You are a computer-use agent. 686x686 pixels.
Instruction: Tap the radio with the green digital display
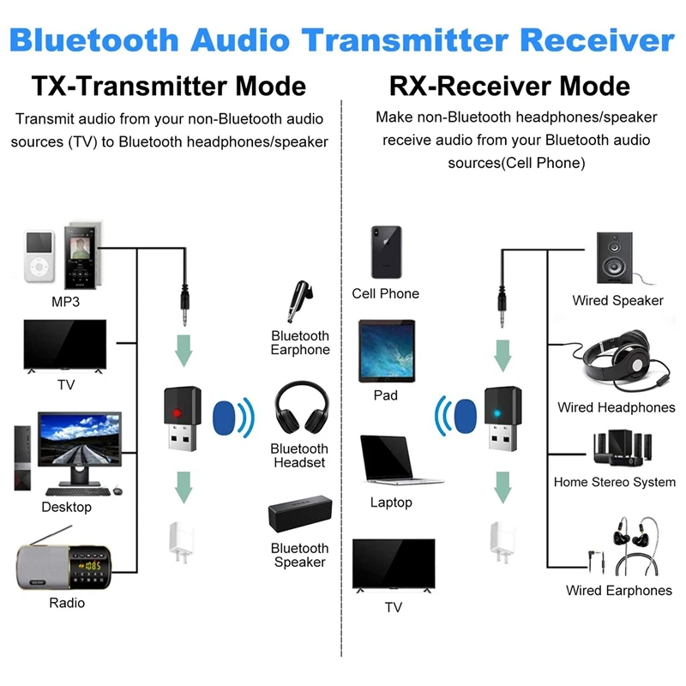pos(64,566)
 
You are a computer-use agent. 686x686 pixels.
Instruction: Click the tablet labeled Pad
pos(386,352)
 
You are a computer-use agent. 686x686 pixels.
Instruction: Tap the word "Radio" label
pos(67,603)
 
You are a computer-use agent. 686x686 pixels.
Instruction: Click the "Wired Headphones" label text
pos(616,407)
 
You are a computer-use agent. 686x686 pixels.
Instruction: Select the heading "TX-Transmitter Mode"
pos(168,86)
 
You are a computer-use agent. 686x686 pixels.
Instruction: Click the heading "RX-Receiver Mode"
pos(508,86)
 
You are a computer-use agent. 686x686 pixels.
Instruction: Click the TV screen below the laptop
pos(393,563)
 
